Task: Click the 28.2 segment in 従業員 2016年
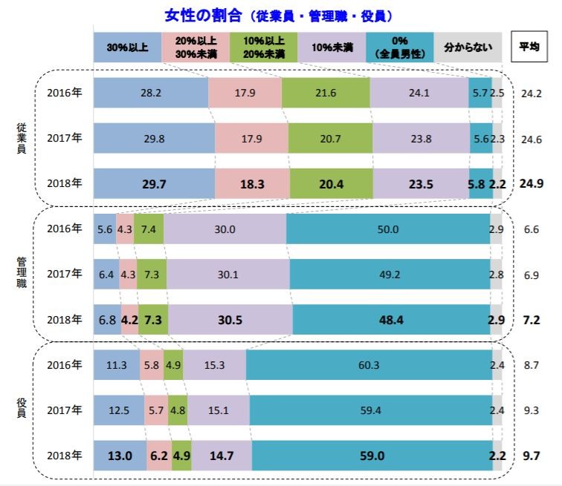151,93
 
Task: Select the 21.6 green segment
326,93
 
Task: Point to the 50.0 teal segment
388,229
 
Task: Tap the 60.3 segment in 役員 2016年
369,364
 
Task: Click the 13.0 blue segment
120,455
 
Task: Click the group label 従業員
22,137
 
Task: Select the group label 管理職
22,274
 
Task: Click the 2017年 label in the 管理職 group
64,274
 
